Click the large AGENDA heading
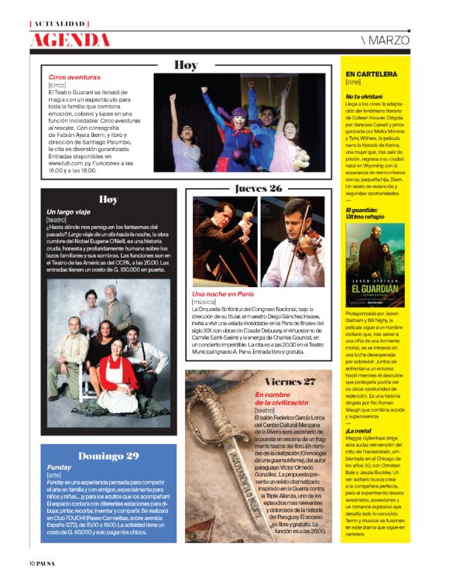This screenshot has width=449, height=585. [70, 39]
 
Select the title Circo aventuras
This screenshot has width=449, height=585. [74, 77]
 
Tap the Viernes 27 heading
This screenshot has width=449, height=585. [290, 381]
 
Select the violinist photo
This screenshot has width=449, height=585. [292, 241]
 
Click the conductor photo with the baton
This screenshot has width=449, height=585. [224, 241]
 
